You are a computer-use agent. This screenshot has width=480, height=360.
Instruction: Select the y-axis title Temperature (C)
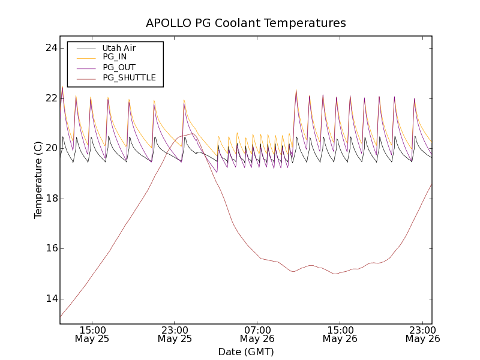coord(38,180)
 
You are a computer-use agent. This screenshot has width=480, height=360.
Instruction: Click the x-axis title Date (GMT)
coord(246,352)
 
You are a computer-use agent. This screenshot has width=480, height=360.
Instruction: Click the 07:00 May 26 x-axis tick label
coord(257,334)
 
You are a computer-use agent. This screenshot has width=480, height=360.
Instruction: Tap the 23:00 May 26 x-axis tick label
coord(422,334)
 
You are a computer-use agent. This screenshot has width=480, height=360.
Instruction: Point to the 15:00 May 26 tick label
coord(340,334)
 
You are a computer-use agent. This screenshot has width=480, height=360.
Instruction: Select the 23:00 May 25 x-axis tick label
coord(175,334)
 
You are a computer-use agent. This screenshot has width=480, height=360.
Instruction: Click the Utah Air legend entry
coord(118,48)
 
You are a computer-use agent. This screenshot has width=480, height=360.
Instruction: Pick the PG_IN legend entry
coord(115,57)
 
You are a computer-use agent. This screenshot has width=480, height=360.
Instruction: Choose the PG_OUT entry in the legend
coord(119,67)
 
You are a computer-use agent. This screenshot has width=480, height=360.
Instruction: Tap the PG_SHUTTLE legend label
coord(129,77)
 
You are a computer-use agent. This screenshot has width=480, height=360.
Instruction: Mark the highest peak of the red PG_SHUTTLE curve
coord(191,134)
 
